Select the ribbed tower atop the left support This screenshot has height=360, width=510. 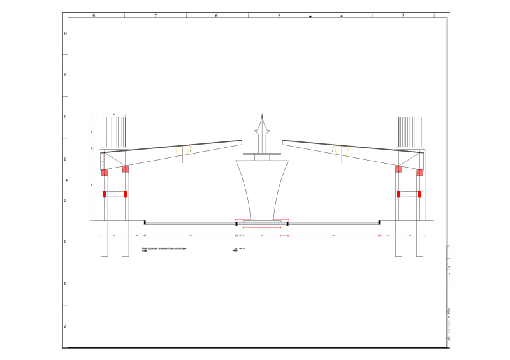coord(114,132)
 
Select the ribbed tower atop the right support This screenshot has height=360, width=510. coord(409,132)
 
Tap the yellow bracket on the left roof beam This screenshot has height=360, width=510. coord(183,150)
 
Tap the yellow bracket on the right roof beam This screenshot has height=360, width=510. coord(341,150)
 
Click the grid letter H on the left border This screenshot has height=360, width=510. coord(65,33)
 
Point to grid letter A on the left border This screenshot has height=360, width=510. coord(65,326)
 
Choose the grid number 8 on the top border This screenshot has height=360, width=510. coord(94,15)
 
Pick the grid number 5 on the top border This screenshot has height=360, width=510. coord(279,15)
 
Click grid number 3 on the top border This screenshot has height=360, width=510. coord(403,15)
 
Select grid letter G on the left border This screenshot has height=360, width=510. coord(65,75)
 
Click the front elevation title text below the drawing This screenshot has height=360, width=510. coord(164,248)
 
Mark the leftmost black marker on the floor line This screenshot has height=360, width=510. coord(145,222)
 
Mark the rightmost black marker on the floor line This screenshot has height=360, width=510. coord(379,222)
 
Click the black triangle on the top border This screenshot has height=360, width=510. coord(310,17)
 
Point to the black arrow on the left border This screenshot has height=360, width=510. coord(66,180)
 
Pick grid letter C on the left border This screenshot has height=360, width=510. coord(65,241)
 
